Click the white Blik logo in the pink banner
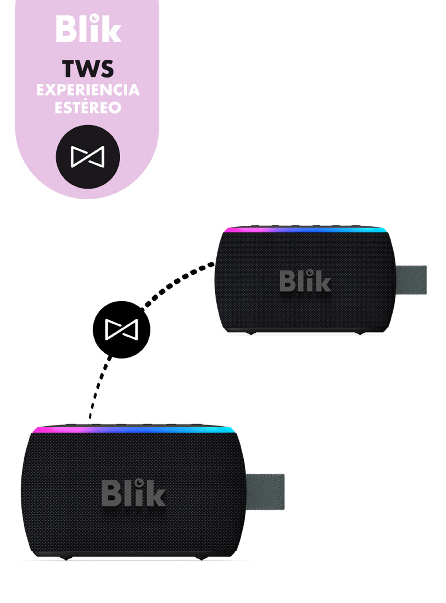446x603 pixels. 89,29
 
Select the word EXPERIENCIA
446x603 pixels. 88,90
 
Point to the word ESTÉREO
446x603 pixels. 88,107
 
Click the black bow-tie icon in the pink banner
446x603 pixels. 88,157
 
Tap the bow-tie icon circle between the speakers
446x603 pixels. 121,329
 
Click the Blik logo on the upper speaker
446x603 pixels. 305,282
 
